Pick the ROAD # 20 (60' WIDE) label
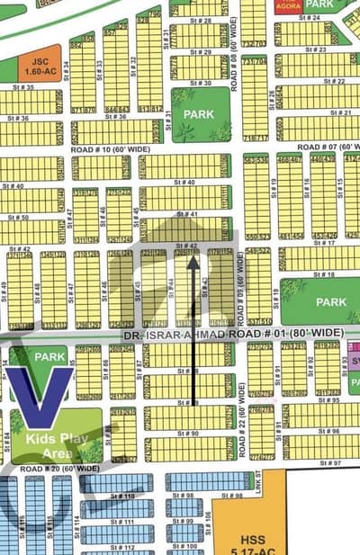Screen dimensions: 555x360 pyautogui.click(x=59, y=469)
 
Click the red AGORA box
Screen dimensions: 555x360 pyautogui.click(x=289, y=5)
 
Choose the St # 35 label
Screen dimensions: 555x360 pyautogui.click(x=24, y=87)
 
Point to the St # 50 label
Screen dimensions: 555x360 pyautogui.click(x=18, y=217)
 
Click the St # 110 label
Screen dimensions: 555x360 pyautogui.click(x=123, y=497)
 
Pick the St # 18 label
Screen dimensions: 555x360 pyautogui.click(x=326, y=274)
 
